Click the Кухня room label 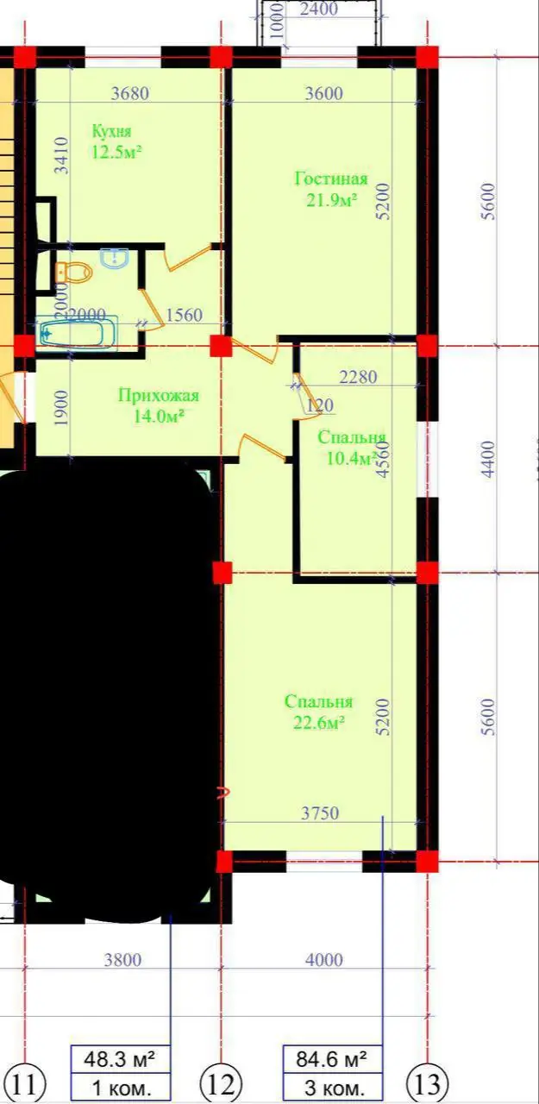112,131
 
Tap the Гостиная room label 331,179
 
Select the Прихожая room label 159,396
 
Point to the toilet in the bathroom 76,273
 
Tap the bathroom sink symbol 115,258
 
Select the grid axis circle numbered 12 221,1082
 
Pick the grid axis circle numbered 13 427,1082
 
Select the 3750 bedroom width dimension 320,813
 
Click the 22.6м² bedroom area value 319,723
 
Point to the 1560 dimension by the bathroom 184,316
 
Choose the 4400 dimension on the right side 489,461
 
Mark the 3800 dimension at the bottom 122,960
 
